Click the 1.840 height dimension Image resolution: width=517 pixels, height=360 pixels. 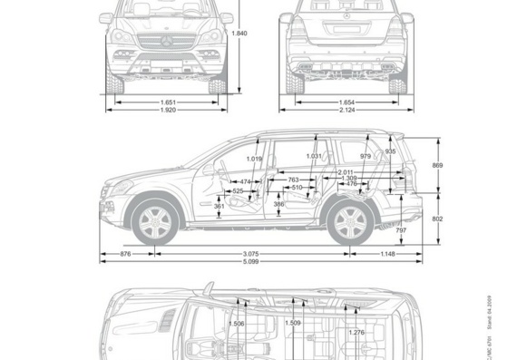click(239, 34)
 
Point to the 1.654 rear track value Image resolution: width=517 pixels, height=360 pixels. click(346, 102)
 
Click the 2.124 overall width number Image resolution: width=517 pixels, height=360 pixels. click(346, 111)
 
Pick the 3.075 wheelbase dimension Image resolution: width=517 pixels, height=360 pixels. click(251, 253)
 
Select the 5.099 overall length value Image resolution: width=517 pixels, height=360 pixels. click(251, 262)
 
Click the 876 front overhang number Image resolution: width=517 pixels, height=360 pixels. click(125, 253)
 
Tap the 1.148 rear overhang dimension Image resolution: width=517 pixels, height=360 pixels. click(389, 253)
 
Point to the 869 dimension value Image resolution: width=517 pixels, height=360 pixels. click(437, 165)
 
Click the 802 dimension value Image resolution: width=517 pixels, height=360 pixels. click(437, 219)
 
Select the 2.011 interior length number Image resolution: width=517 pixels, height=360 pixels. click(346, 172)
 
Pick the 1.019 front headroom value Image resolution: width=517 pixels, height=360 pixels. click(254, 160)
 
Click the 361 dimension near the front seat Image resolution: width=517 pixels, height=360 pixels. click(219, 207)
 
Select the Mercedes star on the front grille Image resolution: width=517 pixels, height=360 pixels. click(166, 41)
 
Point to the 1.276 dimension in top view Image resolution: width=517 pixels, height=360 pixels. click(356, 332)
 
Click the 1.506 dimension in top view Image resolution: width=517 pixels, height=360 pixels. click(237, 324)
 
